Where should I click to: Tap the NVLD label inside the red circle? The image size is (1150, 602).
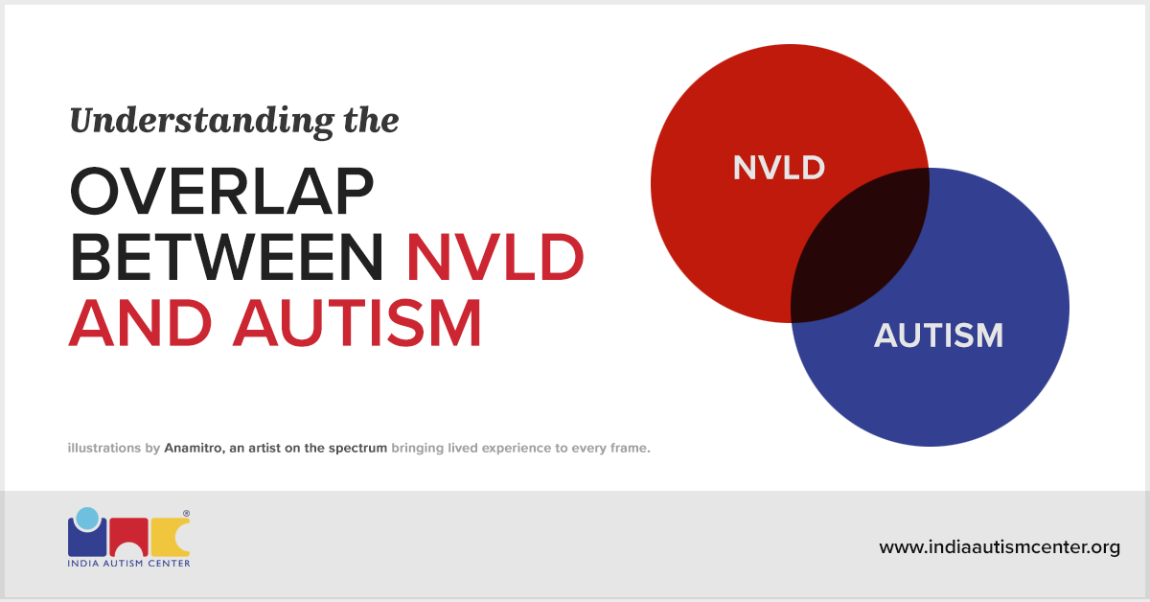click(778, 168)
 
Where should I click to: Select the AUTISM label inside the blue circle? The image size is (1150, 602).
click(938, 336)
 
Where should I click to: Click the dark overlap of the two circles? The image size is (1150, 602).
click(859, 245)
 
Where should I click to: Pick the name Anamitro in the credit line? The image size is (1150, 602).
click(193, 448)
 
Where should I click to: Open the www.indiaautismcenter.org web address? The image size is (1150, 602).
click(1000, 548)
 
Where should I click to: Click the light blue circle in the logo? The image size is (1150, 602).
click(87, 518)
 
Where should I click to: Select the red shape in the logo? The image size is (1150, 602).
click(127, 537)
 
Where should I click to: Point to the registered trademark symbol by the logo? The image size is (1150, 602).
click(186, 514)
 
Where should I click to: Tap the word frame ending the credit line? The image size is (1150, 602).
click(629, 448)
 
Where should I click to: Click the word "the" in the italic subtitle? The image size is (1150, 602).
click(371, 122)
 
